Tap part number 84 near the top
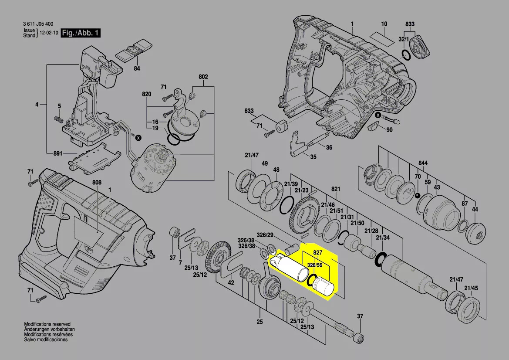coord(137,68)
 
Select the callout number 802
coord(203,77)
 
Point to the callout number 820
coord(146,95)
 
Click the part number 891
coord(57,153)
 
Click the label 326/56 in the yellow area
coord(314,265)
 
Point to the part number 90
coord(389,130)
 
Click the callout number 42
coord(231,283)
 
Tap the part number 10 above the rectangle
coord(384,24)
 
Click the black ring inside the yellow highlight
coord(315,281)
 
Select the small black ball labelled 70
coord(418,195)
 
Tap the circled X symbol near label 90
coord(378,115)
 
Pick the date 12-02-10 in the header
coord(48,33)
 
